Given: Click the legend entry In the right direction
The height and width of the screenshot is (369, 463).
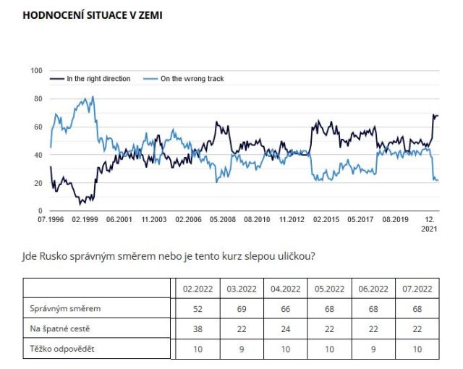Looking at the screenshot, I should (x=98, y=79).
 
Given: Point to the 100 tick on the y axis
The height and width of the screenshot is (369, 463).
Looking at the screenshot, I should (x=37, y=71).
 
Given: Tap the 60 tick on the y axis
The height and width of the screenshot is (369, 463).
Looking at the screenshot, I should (x=38, y=127).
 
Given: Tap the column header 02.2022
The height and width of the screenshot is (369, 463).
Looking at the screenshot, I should (x=196, y=288).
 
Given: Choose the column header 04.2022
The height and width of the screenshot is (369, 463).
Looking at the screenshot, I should (x=285, y=288).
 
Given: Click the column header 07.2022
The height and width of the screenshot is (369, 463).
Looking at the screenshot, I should (x=418, y=288).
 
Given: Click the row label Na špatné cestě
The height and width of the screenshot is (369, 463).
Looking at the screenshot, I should (x=58, y=329).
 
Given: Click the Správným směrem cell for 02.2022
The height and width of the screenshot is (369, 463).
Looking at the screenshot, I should (x=196, y=309).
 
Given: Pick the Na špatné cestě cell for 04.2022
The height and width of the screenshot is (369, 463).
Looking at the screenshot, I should (x=285, y=329).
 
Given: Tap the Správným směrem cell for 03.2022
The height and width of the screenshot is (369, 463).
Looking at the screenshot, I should (x=241, y=309).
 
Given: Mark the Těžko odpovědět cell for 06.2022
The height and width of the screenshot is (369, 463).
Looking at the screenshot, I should (x=374, y=349).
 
